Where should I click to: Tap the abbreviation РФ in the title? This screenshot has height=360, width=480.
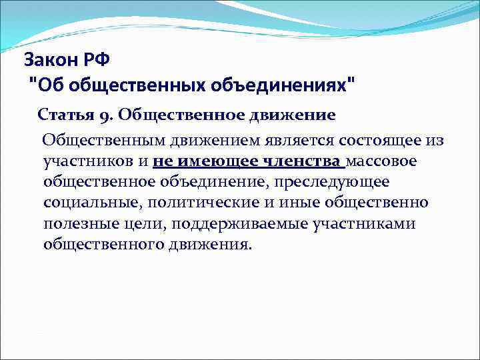pos(96,61)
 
